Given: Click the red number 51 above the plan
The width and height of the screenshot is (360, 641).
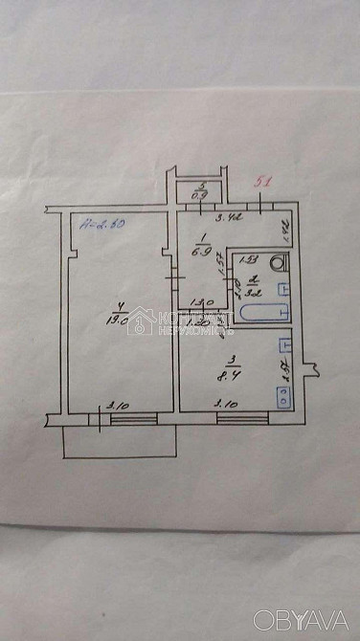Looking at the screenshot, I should coord(267,180).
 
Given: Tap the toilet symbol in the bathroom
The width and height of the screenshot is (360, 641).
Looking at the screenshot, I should coord(278,261).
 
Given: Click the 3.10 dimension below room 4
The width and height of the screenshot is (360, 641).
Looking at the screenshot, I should coord(118,405).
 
